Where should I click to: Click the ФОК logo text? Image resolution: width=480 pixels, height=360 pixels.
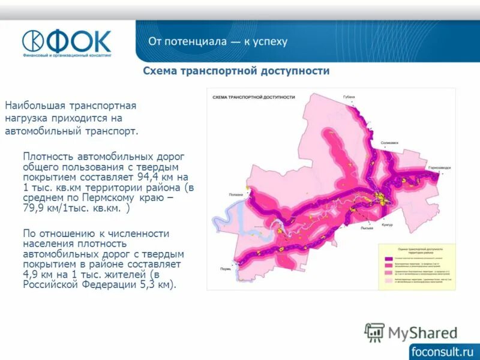pos(80,41)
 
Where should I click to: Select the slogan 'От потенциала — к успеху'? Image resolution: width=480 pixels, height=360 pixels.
pos(218,41)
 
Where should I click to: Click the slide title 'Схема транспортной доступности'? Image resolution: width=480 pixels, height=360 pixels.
pos(236,71)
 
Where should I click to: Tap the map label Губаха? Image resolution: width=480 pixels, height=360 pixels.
pos(349,97)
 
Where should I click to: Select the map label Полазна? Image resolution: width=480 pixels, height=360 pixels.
pos(236,194)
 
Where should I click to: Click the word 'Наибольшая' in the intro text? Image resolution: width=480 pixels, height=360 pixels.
pos(30,106)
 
